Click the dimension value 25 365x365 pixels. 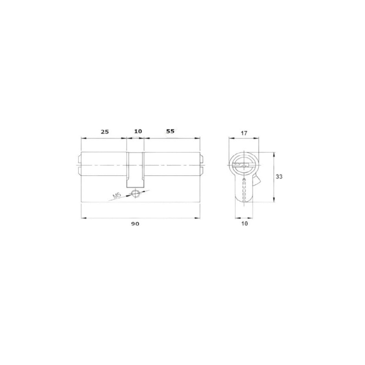[x=105, y=132]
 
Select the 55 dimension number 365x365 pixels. [x=170, y=131]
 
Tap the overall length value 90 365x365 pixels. [x=135, y=224]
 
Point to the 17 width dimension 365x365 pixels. [x=244, y=133]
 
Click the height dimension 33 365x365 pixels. [x=279, y=177]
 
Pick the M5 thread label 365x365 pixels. [x=117, y=196]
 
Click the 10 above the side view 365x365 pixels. [x=138, y=131]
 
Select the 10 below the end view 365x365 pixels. [x=244, y=224]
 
